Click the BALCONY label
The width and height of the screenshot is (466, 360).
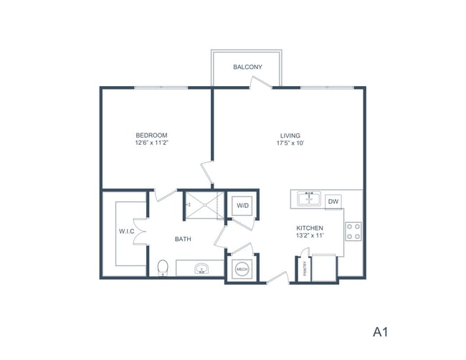tap(247, 67)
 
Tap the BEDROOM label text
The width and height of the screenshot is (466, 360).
tap(151, 135)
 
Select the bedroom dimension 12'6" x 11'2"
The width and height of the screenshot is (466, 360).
tap(151, 143)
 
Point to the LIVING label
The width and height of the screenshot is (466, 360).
tap(290, 135)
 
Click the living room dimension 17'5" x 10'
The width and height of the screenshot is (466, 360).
tap(290, 143)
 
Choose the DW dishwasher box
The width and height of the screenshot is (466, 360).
tap(333, 202)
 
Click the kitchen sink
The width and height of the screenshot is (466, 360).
tap(309, 198)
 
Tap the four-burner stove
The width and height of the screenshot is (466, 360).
tap(353, 231)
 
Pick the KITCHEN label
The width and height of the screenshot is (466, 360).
tap(310, 229)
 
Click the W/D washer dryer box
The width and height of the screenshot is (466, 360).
tap(242, 206)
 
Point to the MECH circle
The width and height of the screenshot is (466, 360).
tap(242, 269)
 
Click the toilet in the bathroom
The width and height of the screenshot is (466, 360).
tap(163, 268)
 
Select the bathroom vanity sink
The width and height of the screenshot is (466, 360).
tap(202, 269)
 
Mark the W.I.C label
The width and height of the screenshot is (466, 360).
tap(128, 232)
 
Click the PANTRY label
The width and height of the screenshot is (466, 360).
tap(305, 268)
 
